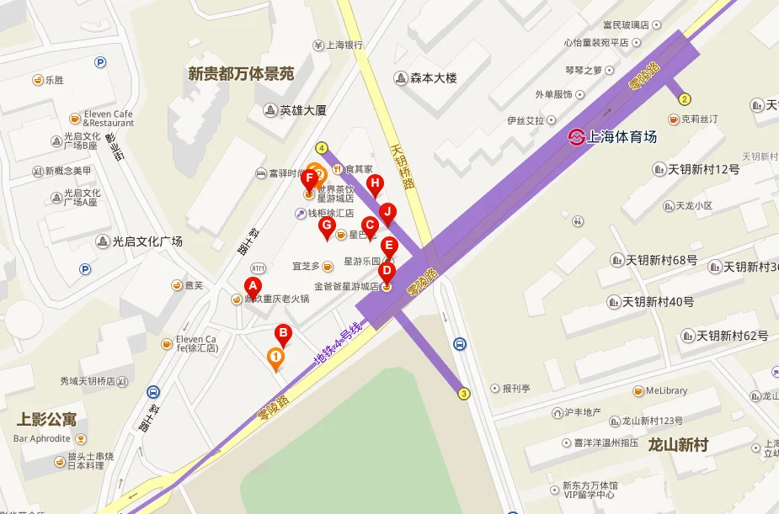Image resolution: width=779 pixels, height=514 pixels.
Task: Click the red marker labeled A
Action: [252, 287]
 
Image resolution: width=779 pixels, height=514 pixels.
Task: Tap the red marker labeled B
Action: [284, 335]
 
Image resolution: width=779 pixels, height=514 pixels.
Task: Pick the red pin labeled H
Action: [376, 185]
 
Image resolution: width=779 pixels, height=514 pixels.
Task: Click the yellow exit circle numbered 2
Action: [685, 98]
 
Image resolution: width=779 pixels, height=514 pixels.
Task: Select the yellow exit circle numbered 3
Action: [464, 393]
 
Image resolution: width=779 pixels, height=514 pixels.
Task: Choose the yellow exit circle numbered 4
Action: [322, 148]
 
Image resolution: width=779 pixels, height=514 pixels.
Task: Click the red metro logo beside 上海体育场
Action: [576, 136]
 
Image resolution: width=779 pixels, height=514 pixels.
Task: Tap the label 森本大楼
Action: [433, 78]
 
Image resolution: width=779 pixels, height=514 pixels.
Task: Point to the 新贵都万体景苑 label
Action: [241, 74]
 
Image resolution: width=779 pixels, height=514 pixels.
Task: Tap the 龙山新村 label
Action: [678, 445]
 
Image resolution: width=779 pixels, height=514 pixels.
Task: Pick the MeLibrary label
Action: [666, 390]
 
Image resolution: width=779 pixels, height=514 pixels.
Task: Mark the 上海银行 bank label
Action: [344, 45]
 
